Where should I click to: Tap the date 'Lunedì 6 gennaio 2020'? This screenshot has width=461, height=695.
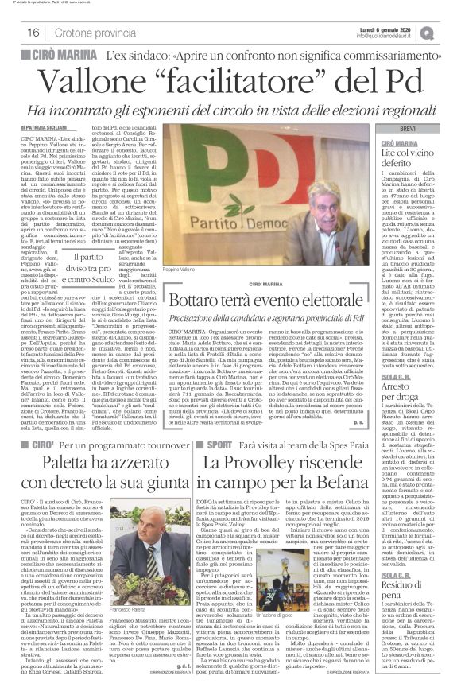pos(395,27)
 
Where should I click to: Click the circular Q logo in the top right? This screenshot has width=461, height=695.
pos(450,32)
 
